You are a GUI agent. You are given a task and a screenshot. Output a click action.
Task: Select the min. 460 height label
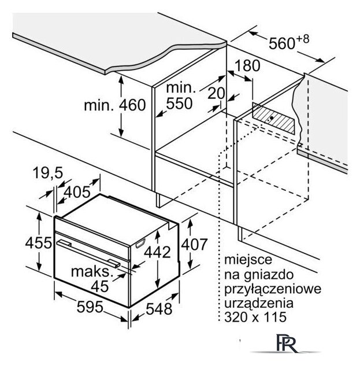[115, 105]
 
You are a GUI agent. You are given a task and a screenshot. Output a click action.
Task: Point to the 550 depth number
[179, 104]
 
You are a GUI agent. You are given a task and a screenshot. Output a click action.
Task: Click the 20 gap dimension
[216, 93]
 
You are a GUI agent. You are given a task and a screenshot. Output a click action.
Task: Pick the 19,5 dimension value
[48, 174]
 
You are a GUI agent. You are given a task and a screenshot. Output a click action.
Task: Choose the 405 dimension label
[77, 192]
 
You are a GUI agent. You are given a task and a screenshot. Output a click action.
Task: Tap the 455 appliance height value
[38, 243]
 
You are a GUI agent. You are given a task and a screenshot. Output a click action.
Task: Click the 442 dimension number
[157, 252]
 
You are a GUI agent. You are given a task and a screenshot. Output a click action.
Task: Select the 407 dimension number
[194, 245]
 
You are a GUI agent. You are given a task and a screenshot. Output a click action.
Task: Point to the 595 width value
[90, 307]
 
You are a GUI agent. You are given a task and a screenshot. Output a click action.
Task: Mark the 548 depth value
[159, 309]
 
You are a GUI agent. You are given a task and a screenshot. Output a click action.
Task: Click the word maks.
[92, 271]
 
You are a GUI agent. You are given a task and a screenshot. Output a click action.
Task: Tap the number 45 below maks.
[100, 286]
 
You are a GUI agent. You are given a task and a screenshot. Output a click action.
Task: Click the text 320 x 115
[255, 317]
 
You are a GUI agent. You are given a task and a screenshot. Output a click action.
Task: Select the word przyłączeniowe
[273, 289]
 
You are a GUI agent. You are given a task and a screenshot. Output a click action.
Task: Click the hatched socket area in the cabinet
[273, 119]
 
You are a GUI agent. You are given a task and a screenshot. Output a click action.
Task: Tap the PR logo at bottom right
[287, 344]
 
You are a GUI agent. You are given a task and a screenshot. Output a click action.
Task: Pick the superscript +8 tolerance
[303, 39]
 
